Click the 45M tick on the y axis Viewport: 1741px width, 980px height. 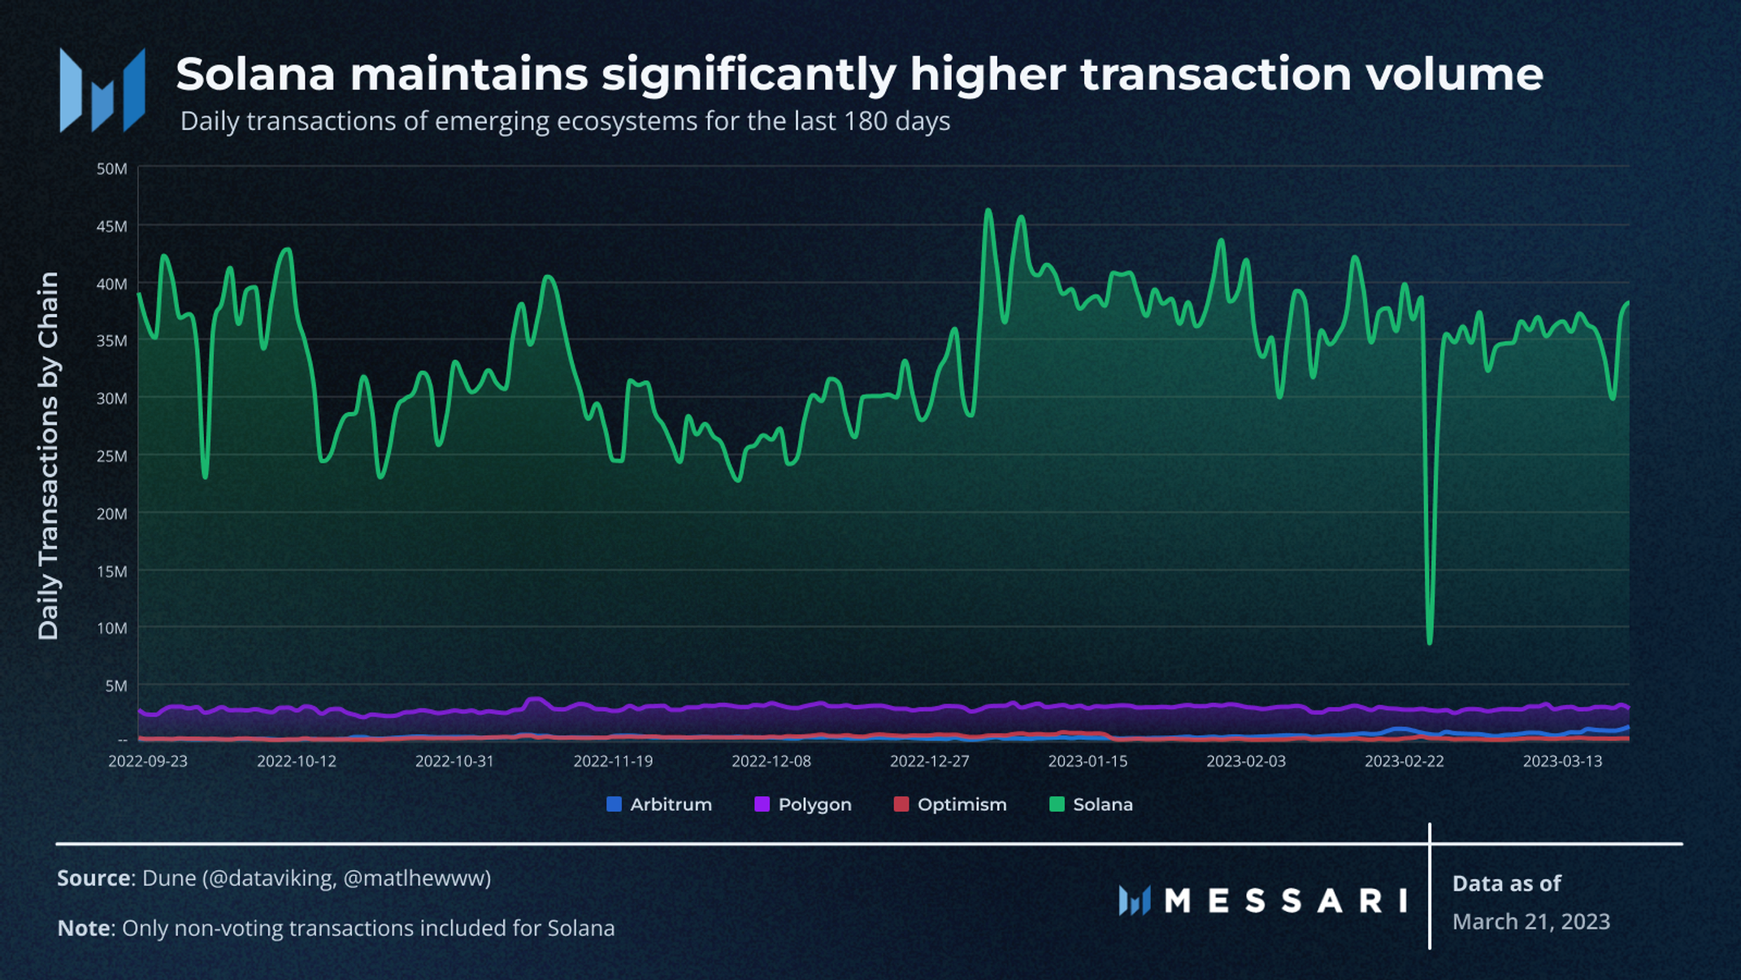point(111,226)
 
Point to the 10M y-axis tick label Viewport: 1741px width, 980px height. point(111,628)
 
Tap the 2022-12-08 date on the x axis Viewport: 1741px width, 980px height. point(771,761)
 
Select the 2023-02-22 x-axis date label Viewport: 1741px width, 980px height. point(1404,761)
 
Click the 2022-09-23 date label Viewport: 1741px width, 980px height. point(148,761)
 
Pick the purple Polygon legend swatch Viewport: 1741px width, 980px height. point(762,804)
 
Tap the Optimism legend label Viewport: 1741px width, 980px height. point(962,804)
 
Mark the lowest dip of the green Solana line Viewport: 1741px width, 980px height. point(1430,642)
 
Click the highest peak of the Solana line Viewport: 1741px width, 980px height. point(988,211)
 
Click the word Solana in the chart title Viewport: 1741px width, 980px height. point(255,75)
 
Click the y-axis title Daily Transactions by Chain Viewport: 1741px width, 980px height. point(49,455)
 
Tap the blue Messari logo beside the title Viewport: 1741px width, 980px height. point(102,90)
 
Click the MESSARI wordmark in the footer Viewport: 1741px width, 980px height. point(1285,900)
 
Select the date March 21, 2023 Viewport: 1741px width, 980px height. point(1530,921)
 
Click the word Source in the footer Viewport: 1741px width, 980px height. point(93,878)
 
